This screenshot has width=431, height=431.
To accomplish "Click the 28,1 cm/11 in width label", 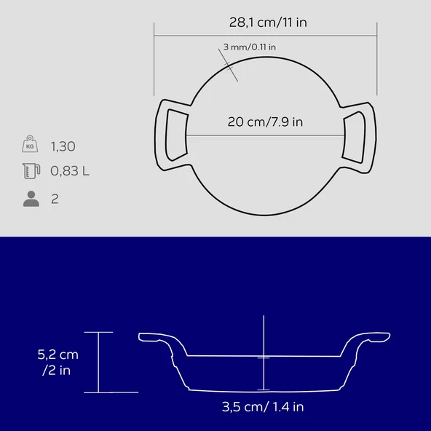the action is click(x=268, y=23).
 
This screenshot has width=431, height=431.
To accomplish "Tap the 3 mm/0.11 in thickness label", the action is click(x=249, y=47).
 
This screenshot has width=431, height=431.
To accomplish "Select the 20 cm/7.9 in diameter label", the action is click(x=265, y=122).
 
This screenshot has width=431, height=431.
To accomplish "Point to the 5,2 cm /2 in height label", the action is click(x=58, y=363).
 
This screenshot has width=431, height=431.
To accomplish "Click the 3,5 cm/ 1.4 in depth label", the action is click(x=263, y=407).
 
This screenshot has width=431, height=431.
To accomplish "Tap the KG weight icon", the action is click(x=30, y=143).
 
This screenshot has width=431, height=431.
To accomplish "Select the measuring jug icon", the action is click(x=31, y=171).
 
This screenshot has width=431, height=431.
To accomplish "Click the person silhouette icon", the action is click(x=31, y=199).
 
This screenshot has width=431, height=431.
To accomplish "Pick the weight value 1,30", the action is click(x=63, y=146).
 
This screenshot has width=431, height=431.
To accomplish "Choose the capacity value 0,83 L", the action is click(x=70, y=171).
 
